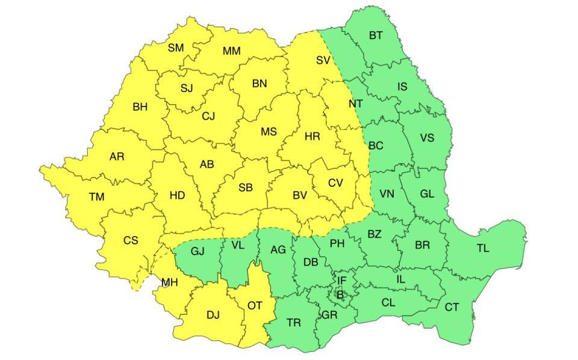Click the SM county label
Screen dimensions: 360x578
(x=176, y=48)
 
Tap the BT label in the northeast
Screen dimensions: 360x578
(x=376, y=36)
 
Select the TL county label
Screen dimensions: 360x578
(x=483, y=248)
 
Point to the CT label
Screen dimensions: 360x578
(x=452, y=307)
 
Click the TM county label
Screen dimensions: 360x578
(x=96, y=196)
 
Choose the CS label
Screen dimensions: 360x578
(x=131, y=240)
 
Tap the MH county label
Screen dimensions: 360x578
(x=169, y=282)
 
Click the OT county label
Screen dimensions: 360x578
(x=255, y=306)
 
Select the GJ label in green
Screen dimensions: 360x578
(x=197, y=251)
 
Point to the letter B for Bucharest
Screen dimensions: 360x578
(x=340, y=294)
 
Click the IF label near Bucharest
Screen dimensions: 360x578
(x=341, y=280)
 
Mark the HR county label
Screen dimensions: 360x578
(x=312, y=137)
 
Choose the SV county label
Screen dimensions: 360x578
(x=323, y=60)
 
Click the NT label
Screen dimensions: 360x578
(x=356, y=104)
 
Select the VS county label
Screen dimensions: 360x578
(x=427, y=138)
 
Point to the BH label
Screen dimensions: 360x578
(x=140, y=107)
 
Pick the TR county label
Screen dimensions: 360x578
(x=294, y=323)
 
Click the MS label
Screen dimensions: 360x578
(x=269, y=132)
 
